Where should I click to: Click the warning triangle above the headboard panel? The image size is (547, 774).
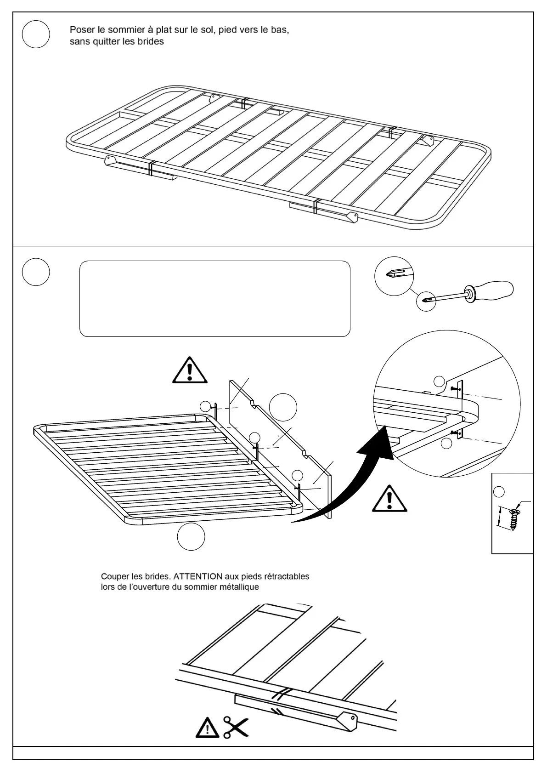pyautogui.click(x=190, y=370)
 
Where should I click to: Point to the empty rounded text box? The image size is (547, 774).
pyautogui.click(x=215, y=299)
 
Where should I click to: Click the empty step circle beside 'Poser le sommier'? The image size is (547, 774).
pyautogui.click(x=36, y=35)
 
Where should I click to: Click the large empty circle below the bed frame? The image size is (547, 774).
pyautogui.click(x=191, y=536)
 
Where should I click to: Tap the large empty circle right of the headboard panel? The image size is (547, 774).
pyautogui.click(x=283, y=407)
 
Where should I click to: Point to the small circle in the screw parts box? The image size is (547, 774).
pyautogui.click(x=499, y=492)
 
